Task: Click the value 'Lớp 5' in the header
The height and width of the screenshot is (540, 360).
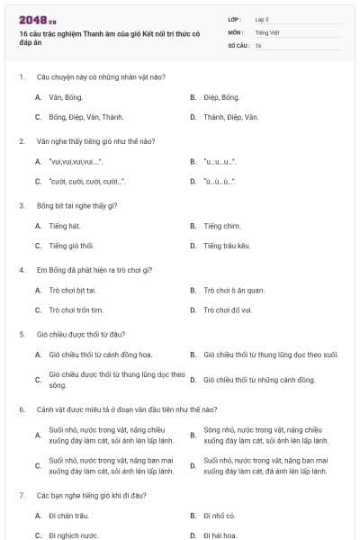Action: [x=261, y=19]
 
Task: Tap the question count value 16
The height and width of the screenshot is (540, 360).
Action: [x=258, y=45]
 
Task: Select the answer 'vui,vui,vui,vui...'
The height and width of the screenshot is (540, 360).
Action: [x=75, y=162]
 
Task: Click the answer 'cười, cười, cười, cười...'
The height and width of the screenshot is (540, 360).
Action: [x=86, y=182]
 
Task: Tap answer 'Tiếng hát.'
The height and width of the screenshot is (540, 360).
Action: [x=65, y=226]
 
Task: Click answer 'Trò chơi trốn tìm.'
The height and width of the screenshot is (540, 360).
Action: [x=76, y=310]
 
